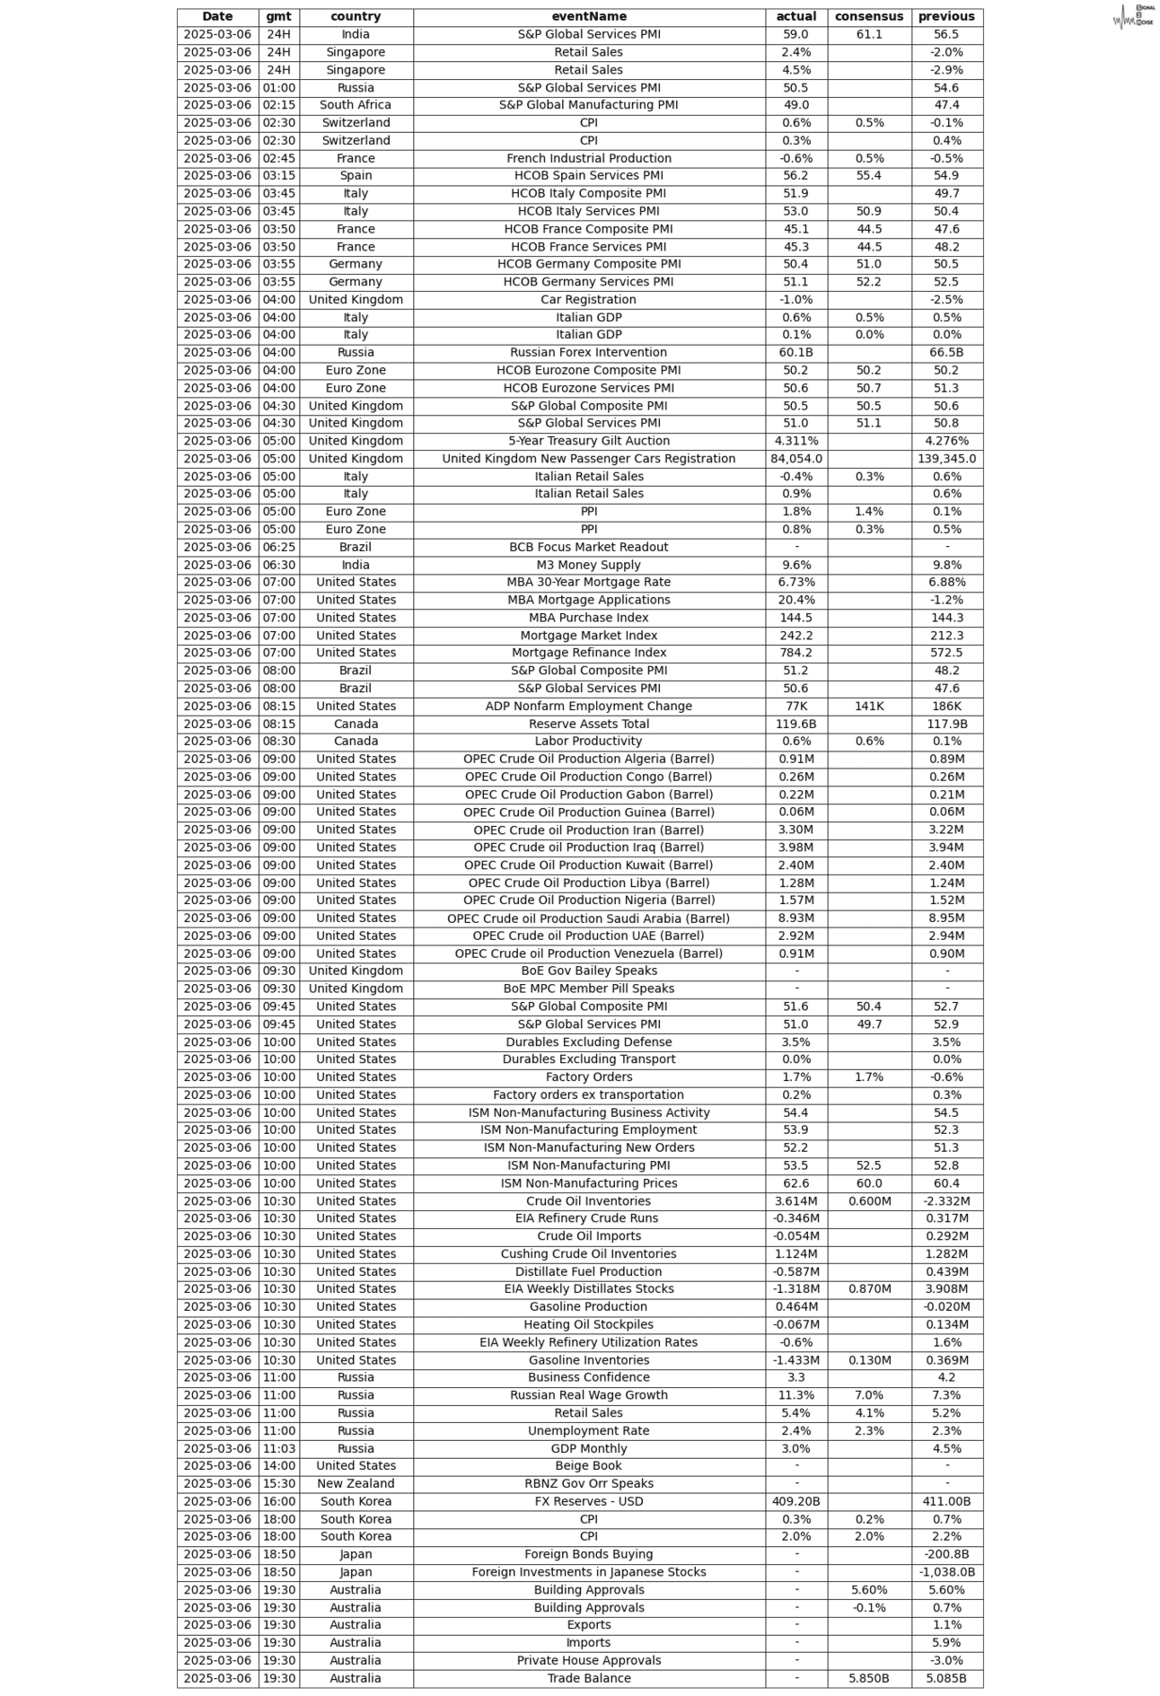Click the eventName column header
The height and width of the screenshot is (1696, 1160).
click(589, 16)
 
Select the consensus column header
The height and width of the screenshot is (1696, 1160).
click(868, 16)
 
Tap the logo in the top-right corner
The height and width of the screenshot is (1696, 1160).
click(1133, 16)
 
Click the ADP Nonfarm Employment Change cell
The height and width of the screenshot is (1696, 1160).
click(589, 706)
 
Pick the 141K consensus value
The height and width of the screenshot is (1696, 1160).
click(868, 706)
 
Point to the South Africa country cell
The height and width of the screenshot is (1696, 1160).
click(356, 105)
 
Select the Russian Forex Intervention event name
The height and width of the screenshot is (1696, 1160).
click(589, 353)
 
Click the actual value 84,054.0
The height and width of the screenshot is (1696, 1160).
click(795, 459)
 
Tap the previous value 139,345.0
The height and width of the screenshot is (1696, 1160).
click(946, 459)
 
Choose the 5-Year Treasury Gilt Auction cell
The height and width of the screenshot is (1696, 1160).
click(589, 441)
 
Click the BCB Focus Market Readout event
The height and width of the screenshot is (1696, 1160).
click(589, 547)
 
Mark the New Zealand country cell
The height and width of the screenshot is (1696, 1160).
click(356, 1483)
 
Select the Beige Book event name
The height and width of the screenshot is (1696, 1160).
click(589, 1465)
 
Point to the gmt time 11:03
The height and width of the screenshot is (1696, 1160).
click(278, 1448)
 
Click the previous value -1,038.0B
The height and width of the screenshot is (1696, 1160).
click(946, 1572)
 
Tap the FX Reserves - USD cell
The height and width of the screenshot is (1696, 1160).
click(589, 1501)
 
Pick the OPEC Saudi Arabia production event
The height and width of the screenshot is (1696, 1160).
click(589, 918)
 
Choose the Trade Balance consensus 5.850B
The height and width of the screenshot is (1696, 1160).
click(868, 1678)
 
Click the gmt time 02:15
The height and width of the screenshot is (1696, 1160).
click(278, 105)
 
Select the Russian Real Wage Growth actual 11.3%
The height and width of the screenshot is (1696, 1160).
click(795, 1395)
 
